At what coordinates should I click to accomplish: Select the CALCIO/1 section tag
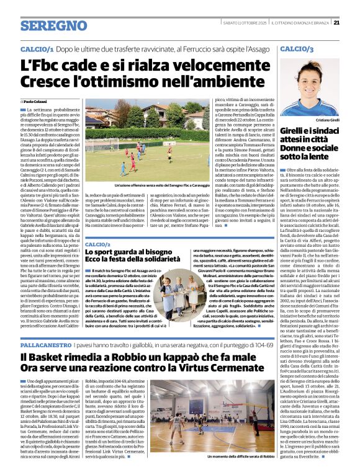pos(37,48)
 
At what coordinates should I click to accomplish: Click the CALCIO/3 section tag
pos(296,48)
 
